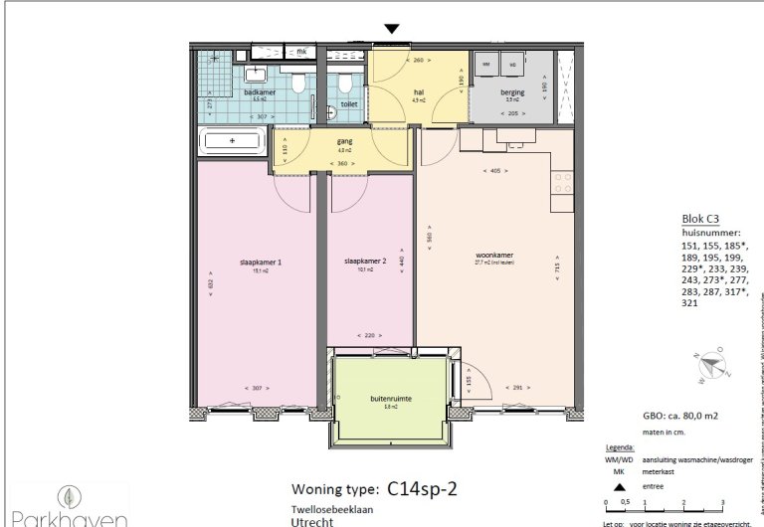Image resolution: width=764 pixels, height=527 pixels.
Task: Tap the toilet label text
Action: (348, 102)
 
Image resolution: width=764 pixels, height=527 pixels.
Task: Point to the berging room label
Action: (513, 92)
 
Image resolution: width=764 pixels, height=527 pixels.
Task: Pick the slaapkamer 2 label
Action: (364, 263)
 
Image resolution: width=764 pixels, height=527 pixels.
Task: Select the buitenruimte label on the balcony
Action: (391, 397)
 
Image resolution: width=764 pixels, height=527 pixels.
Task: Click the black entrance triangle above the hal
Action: (393, 30)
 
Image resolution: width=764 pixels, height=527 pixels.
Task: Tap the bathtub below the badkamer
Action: (232, 141)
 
